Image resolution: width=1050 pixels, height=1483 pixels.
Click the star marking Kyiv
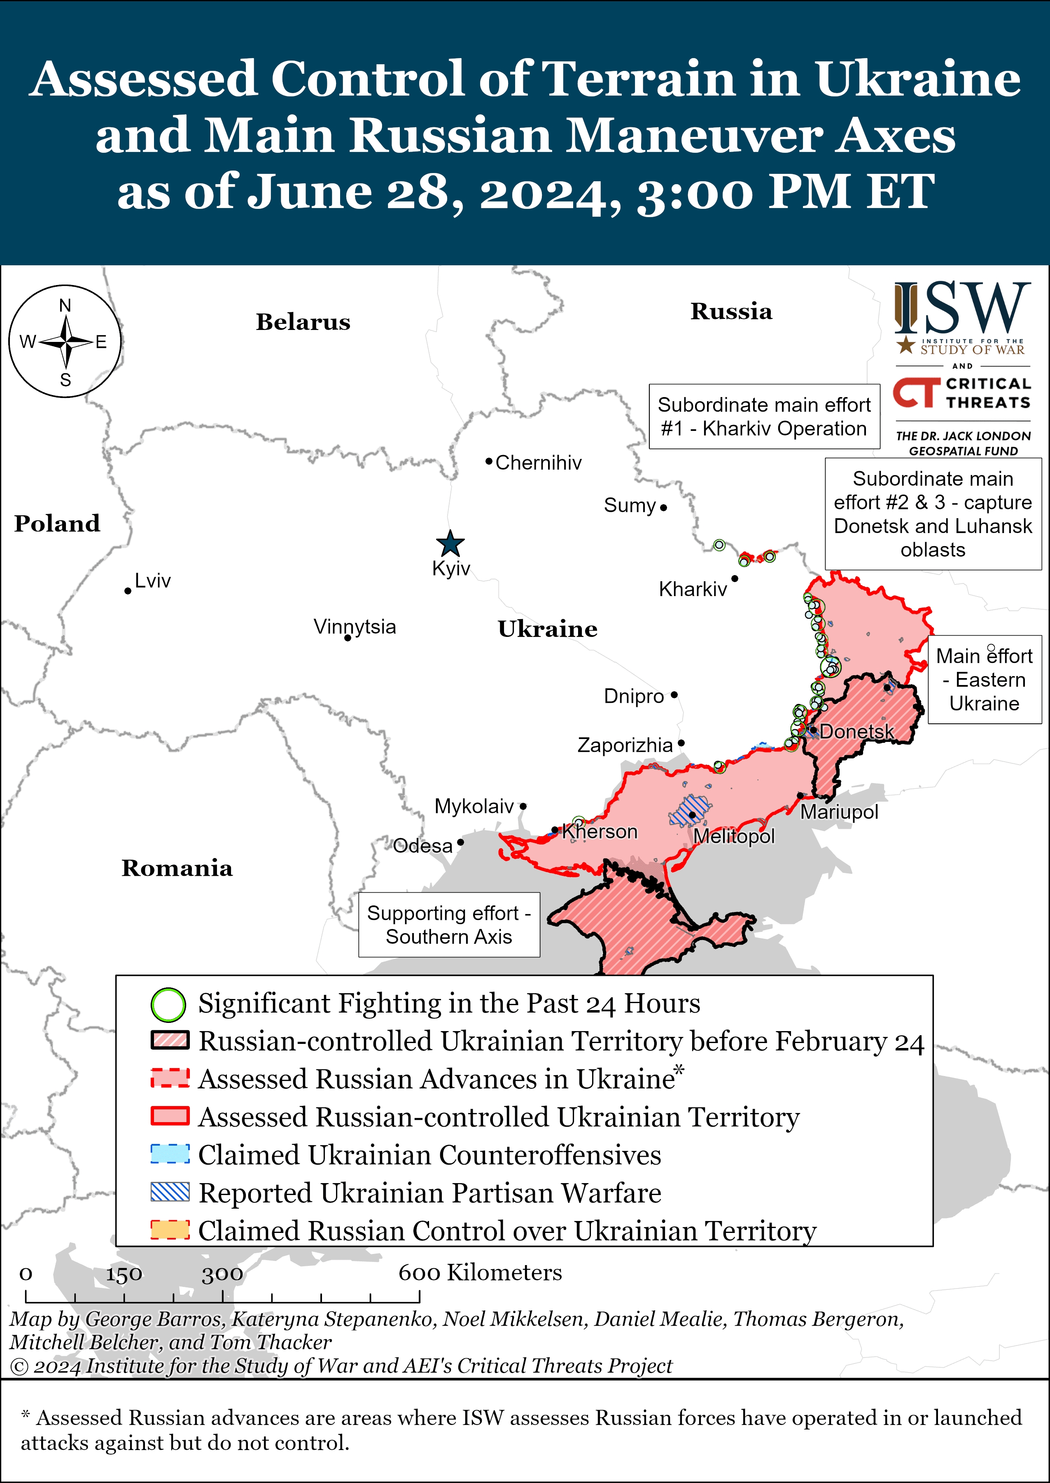point(450,544)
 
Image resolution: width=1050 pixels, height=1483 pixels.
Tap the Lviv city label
point(153,581)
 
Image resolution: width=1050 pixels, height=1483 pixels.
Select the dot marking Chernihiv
point(489,461)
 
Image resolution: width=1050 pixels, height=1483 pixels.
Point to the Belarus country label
point(303,322)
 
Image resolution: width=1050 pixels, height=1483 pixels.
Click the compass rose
point(65,342)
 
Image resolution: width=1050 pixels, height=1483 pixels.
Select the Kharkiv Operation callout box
point(764,416)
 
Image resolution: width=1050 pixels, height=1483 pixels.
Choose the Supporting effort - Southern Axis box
point(449,925)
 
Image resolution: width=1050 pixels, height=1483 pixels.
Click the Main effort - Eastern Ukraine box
point(984,680)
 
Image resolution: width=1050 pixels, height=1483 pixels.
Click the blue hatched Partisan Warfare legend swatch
point(170,1192)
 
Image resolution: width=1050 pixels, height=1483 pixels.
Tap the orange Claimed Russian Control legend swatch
point(170,1230)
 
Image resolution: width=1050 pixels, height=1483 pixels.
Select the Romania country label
point(177,868)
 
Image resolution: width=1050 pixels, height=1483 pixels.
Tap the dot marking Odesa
point(460,842)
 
